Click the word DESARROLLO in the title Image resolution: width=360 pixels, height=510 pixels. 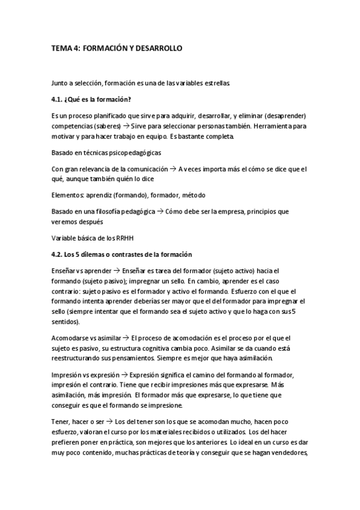(x=157, y=48)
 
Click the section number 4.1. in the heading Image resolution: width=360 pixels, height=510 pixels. (x=59, y=99)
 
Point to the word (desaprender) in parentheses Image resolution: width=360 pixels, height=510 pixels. (x=284, y=115)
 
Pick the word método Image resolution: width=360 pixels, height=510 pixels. (x=194, y=195)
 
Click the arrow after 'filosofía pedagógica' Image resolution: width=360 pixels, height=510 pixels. (x=160, y=212)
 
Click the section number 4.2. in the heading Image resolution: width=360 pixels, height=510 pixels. (x=59, y=255)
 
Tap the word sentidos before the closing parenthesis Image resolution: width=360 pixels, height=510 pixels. (x=64, y=322)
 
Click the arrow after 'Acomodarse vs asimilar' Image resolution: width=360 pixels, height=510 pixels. (x=125, y=339)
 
